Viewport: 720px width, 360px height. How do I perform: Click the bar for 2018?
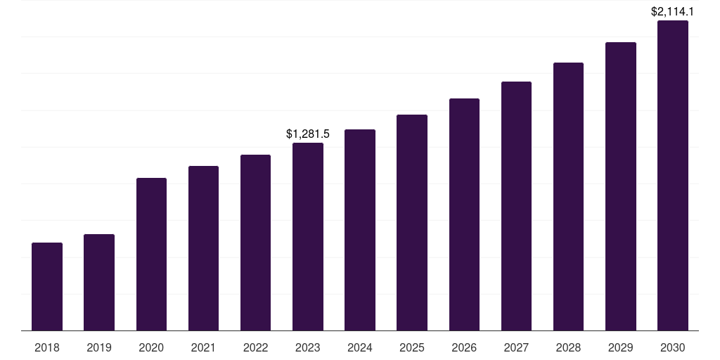tap(47, 286)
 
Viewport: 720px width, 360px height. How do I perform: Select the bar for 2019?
tap(99, 282)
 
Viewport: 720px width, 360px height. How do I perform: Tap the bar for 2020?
tap(151, 254)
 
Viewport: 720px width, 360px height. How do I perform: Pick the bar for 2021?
tap(203, 248)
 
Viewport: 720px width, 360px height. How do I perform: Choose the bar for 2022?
tap(255, 243)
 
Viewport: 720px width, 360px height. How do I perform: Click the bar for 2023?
tap(307, 236)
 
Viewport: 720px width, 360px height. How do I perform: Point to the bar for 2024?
tap(359, 230)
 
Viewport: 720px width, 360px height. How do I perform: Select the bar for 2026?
tap(464, 214)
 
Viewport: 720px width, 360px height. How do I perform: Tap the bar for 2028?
tap(568, 196)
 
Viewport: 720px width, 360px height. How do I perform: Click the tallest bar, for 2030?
tap(672, 175)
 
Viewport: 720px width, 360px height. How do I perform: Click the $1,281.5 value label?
tap(307, 134)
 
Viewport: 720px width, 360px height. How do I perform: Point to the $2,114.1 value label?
tap(672, 11)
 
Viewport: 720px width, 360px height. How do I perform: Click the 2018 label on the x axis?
tap(47, 347)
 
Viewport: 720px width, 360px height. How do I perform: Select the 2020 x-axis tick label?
tap(151, 347)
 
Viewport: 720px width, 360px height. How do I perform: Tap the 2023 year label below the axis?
tap(307, 347)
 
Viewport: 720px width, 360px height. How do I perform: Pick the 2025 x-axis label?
tap(412, 347)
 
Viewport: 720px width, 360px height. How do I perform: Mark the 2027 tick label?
tap(516, 347)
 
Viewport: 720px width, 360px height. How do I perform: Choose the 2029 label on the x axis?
tap(620, 347)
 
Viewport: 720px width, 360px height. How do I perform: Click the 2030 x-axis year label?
tap(672, 347)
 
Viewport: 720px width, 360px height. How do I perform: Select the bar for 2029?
tap(620, 186)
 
